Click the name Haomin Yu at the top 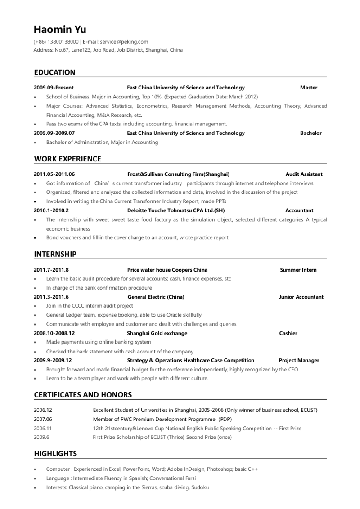tap(60, 30)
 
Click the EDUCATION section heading tap(55, 72)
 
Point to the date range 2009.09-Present tap(54, 88)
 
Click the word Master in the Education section tap(309, 88)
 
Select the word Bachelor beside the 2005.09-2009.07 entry tap(311, 133)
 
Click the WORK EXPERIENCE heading tap(67, 159)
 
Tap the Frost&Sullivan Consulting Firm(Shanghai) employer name tap(179, 174)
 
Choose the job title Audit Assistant tap(304, 174)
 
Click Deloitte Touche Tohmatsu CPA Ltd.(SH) tap(176, 210)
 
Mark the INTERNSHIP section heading tap(55, 254)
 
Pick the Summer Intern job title tap(298, 270)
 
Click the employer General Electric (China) tap(156, 297)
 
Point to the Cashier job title tap(288, 333)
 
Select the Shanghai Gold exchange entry tap(157, 333)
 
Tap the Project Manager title tap(299, 360)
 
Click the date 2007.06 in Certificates tap(43, 419)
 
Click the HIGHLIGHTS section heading tap(56, 454)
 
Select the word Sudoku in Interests tap(200, 487)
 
